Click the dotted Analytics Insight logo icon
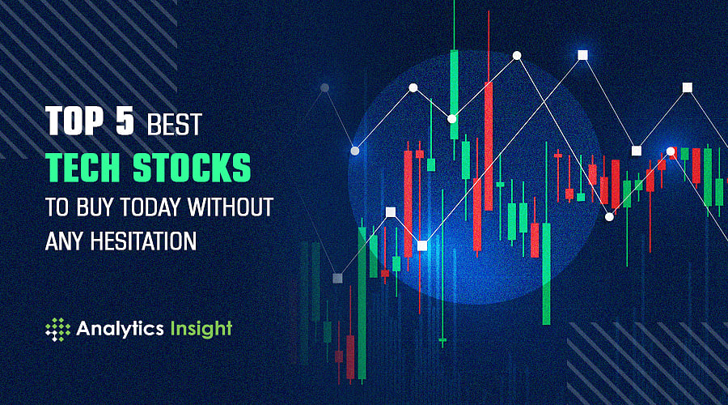point(58,328)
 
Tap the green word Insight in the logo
point(200,328)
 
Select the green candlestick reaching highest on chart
point(455,81)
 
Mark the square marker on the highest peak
point(582,55)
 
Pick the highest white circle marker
point(517,56)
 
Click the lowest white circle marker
point(609,216)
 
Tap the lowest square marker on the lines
point(337,278)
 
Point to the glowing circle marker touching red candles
point(671,152)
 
